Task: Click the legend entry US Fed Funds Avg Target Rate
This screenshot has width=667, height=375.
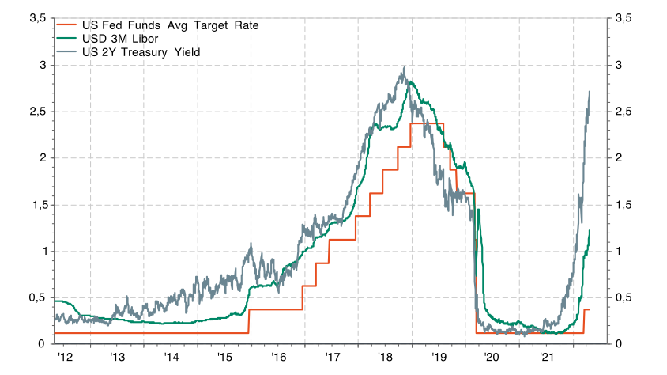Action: point(170,25)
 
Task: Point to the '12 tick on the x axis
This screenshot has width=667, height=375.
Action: point(65,358)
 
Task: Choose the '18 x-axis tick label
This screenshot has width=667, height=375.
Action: point(386,358)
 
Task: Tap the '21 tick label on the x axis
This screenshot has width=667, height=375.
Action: point(547,358)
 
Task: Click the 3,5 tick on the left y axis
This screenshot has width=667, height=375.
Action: point(36,17)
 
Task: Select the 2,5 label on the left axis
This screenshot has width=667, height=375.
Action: point(36,111)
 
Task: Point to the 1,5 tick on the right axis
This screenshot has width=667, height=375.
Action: point(624,204)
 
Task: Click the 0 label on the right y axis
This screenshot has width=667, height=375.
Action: point(618,344)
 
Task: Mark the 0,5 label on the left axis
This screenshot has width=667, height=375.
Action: point(36,297)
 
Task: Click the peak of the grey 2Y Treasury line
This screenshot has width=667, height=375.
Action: point(404,68)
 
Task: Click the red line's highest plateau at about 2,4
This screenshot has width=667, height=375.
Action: point(427,123)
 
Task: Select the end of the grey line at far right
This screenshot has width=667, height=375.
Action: point(590,92)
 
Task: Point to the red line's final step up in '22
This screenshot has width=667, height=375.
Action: point(584,310)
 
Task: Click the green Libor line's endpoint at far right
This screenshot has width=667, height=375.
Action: point(590,230)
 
